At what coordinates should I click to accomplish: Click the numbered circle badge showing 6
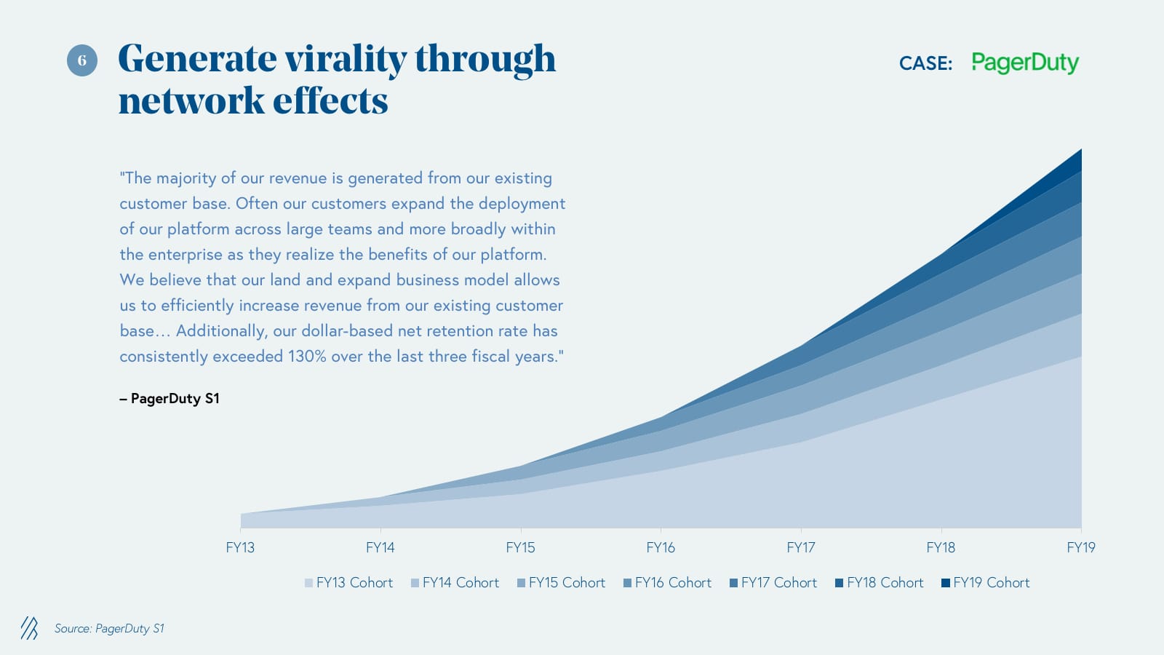point(82,60)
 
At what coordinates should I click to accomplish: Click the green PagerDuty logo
point(1024,63)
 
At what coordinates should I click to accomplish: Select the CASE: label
point(925,64)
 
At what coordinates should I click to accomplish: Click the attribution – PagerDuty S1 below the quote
point(170,399)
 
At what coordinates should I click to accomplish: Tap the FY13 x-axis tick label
point(240,548)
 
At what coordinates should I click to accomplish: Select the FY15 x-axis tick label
point(520,548)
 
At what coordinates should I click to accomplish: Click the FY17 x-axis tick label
point(800,548)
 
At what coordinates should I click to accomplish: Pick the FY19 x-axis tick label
point(1080,548)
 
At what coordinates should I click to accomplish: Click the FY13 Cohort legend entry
point(348,583)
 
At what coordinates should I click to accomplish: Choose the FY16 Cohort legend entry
point(667,583)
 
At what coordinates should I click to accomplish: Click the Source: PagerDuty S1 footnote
point(109,629)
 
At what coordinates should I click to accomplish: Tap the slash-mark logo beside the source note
point(29,628)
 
